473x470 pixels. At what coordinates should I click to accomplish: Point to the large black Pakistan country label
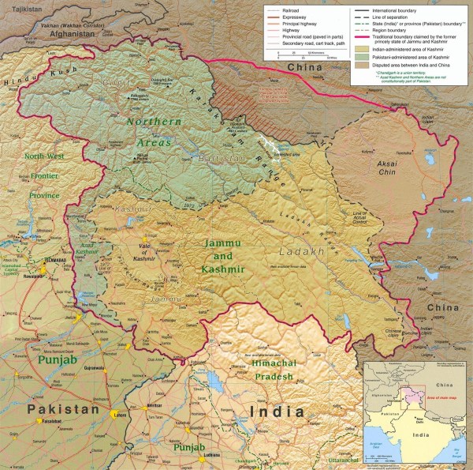click(63, 409)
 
